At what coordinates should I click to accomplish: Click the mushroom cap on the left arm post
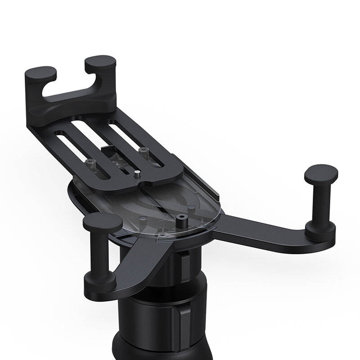[x=103, y=221]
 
